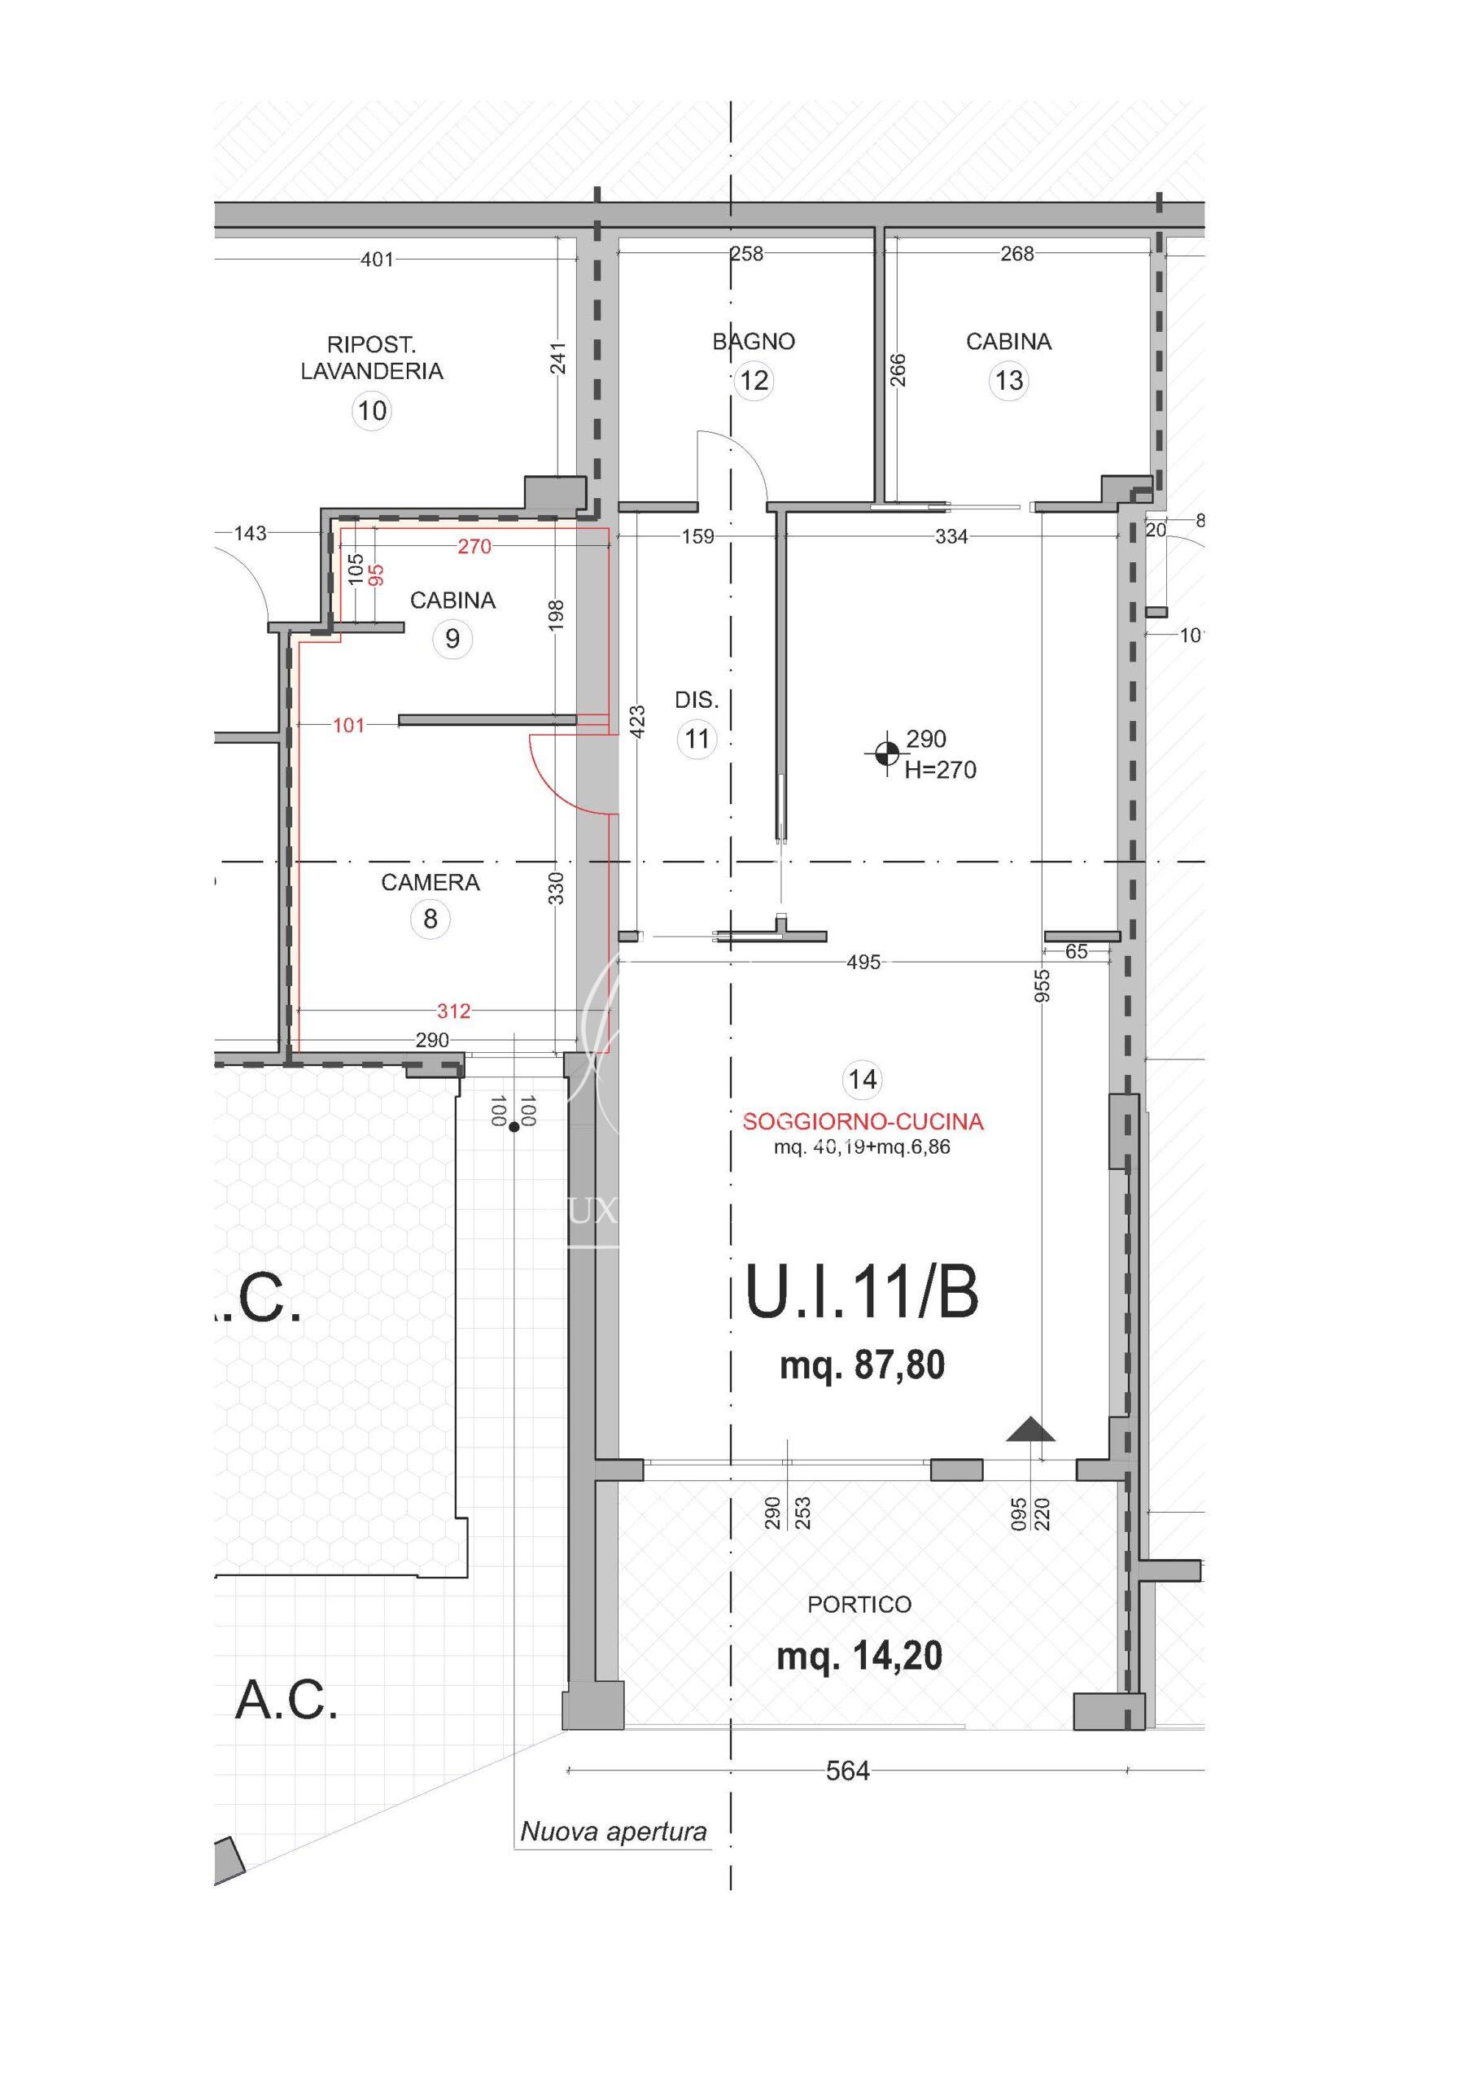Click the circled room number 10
pyautogui.click(x=372, y=411)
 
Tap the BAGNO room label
pyautogui.click(x=754, y=342)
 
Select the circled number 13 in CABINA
pyautogui.click(x=1009, y=380)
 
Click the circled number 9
pyautogui.click(x=452, y=639)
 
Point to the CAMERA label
pyautogui.click(x=431, y=882)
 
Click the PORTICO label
pyautogui.click(x=859, y=1604)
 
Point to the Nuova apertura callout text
pyautogui.click(x=614, y=1832)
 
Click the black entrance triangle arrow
pyautogui.click(x=1031, y=1429)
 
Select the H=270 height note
pyautogui.click(x=940, y=771)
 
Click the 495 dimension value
pyautogui.click(x=863, y=962)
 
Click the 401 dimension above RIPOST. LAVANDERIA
pyautogui.click(x=378, y=260)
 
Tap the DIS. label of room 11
pyautogui.click(x=696, y=700)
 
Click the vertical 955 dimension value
pyautogui.click(x=1042, y=985)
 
